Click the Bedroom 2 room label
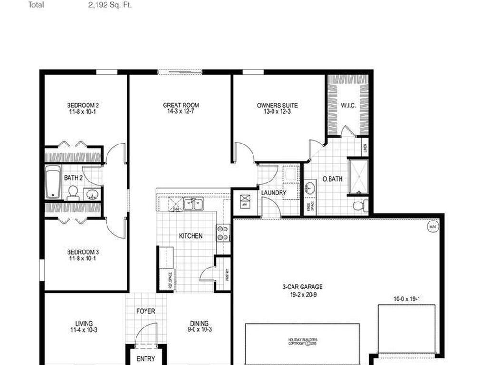tap(83, 105)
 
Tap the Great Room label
tap(181, 105)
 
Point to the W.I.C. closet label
tap(349, 106)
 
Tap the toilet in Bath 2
tap(73, 192)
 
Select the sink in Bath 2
tap(91, 193)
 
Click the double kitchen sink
tap(194, 204)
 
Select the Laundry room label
tap(273, 192)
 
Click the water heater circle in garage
tap(433, 226)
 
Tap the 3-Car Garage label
tap(302, 287)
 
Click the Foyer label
tap(146, 311)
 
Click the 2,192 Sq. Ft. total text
tap(110, 5)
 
